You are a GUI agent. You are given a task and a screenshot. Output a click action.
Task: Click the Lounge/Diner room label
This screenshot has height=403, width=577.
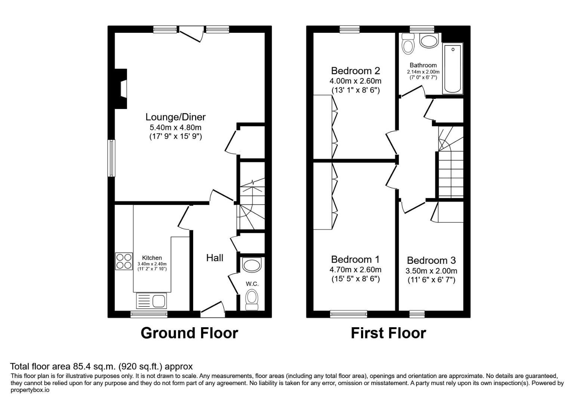click(x=175, y=117)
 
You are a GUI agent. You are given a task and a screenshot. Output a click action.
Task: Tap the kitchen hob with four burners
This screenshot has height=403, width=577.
click(x=124, y=261)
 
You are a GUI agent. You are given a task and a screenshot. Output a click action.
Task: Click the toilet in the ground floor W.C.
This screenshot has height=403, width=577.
click(x=252, y=300)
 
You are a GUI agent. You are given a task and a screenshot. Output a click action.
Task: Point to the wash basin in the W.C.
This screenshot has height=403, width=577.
click(x=252, y=265)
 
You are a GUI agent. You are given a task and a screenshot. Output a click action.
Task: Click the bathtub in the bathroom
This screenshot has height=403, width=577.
click(x=453, y=68)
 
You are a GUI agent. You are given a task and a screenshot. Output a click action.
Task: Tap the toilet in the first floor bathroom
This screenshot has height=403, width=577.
click(x=408, y=44)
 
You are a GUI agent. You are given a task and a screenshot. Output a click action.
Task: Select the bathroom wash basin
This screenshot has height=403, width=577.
click(x=428, y=41)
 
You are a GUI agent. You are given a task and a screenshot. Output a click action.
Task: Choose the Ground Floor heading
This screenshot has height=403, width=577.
click(x=189, y=333)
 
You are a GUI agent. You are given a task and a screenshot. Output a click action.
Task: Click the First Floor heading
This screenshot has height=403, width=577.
click(x=388, y=333)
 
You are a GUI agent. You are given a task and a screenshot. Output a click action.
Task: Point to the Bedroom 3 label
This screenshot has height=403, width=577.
click(x=431, y=260)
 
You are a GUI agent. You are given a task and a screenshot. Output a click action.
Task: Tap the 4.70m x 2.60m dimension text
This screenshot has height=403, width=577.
click(x=355, y=270)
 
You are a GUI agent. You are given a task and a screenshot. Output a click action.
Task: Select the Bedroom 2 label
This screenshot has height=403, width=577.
click(x=355, y=71)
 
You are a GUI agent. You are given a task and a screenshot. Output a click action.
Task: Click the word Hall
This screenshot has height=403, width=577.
click(x=215, y=257)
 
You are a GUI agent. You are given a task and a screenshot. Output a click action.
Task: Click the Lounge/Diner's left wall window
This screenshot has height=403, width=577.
click(x=111, y=158)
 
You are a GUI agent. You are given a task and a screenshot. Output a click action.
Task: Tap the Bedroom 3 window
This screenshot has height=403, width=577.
click(x=417, y=314)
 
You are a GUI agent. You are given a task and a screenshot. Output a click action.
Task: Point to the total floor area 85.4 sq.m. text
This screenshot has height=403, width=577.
click(x=101, y=366)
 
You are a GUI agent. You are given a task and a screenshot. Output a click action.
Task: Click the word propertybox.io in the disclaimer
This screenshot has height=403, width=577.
click(x=30, y=390)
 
